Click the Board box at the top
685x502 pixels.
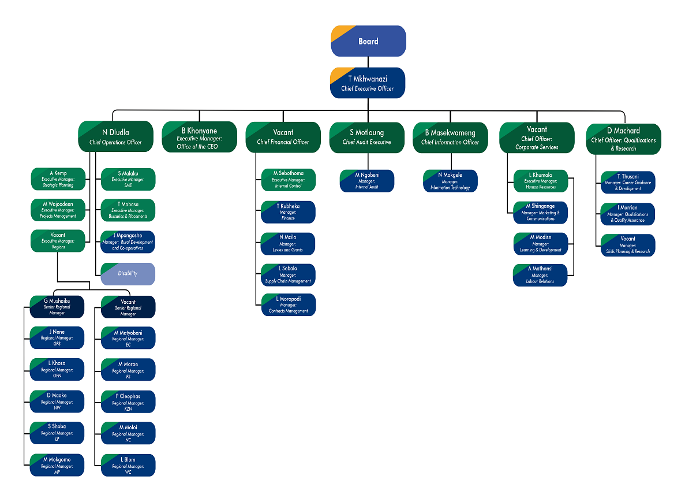(x=368, y=41)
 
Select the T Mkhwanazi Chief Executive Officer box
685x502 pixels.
(x=368, y=83)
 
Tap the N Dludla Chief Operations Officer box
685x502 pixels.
(x=115, y=137)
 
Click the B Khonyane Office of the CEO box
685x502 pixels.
(x=199, y=137)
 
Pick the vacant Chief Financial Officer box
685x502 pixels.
(x=283, y=137)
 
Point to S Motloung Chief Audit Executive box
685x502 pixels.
(x=366, y=137)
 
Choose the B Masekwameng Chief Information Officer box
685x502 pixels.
(x=450, y=137)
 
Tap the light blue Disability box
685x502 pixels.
(x=128, y=273)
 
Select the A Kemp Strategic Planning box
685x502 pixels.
(x=58, y=179)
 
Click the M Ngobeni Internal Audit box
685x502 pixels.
(x=367, y=181)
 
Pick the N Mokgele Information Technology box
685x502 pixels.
(x=450, y=181)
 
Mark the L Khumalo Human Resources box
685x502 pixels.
(x=540, y=181)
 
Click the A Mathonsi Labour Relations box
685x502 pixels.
(x=540, y=275)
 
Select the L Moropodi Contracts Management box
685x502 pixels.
(x=288, y=305)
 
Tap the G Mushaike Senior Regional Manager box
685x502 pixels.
(x=57, y=307)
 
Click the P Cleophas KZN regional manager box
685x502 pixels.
(x=128, y=402)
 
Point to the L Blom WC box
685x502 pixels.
(x=128, y=465)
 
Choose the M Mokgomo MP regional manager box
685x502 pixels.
(x=57, y=465)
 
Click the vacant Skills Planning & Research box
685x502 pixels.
(x=627, y=245)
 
